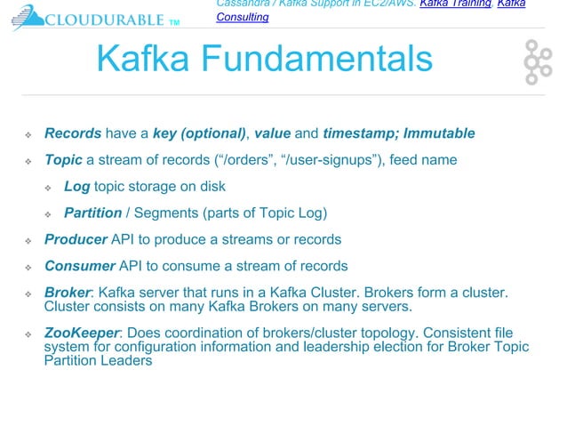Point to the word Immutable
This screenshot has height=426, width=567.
tap(439, 134)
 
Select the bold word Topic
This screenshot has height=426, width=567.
tap(63, 161)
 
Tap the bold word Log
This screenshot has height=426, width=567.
tap(76, 187)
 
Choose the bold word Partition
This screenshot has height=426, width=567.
tap(93, 213)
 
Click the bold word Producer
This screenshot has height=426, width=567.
tap(76, 240)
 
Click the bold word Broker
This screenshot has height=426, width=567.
tap(68, 293)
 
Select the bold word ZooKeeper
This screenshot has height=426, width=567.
tap(82, 334)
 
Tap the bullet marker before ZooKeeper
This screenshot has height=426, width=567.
tap(28, 334)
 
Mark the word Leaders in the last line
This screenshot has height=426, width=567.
tap(127, 361)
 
